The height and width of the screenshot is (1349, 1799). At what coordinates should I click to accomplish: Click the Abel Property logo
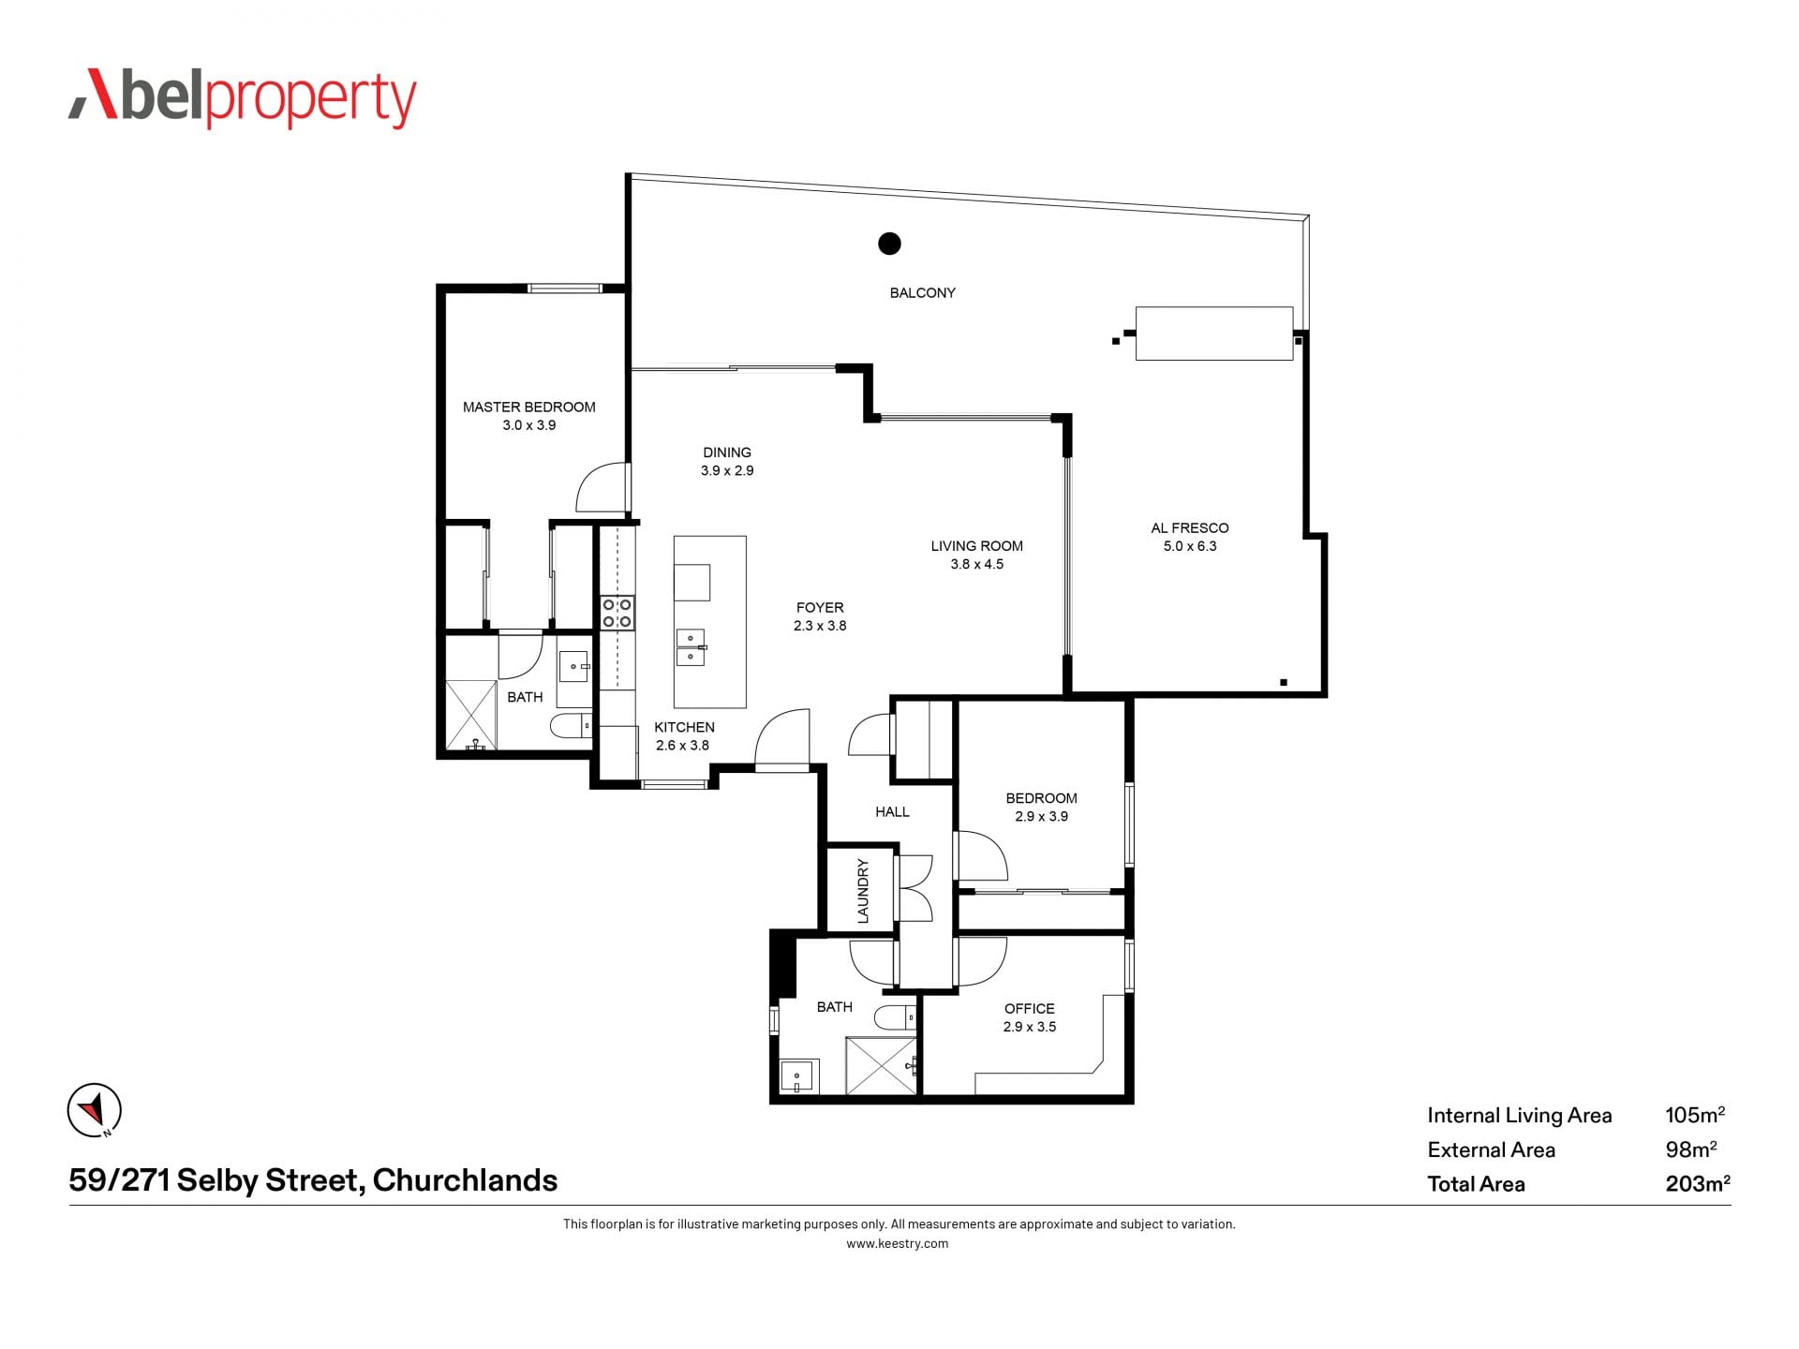point(242,97)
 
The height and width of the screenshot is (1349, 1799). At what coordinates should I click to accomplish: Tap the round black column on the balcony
point(889,244)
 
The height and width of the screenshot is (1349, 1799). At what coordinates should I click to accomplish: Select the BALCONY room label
point(922,293)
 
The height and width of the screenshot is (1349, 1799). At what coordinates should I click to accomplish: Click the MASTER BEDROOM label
point(528,407)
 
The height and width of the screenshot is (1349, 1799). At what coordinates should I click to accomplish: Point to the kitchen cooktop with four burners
point(617,613)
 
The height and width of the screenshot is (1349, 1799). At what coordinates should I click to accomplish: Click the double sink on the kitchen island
point(691,647)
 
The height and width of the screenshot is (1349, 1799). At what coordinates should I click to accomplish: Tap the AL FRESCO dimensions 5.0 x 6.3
point(1190,546)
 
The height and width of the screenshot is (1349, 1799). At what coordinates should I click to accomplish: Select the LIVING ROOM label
point(976,546)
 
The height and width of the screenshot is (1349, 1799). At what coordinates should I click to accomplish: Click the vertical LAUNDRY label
point(863,891)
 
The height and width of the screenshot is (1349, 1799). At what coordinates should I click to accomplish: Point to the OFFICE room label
point(1029,1009)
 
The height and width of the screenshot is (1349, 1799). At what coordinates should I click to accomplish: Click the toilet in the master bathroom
point(571,725)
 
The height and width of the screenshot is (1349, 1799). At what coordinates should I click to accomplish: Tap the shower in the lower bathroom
point(881,1065)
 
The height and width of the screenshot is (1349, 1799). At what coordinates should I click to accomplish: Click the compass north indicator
point(95,1111)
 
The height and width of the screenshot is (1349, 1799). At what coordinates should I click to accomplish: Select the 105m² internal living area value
point(1695,1115)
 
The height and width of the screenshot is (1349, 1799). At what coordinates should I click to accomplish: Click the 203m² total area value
point(1698,1183)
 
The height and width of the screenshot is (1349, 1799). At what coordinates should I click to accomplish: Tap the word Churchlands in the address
point(465,1180)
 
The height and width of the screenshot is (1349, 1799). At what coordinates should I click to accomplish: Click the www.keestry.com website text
point(898,1244)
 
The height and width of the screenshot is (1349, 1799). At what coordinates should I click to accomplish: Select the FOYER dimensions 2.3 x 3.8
point(820,626)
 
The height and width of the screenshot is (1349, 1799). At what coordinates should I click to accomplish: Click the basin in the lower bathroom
point(799,1075)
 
